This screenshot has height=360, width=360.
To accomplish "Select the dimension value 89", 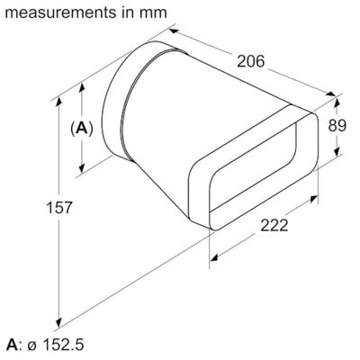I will tap(337, 126).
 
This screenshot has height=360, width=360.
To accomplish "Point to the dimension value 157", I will tap(33, 208).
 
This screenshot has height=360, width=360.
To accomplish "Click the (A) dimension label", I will tap(81, 129).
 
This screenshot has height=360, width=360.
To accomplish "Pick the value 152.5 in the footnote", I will tap(63, 345).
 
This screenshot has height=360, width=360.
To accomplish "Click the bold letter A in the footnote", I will tap(11, 345).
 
